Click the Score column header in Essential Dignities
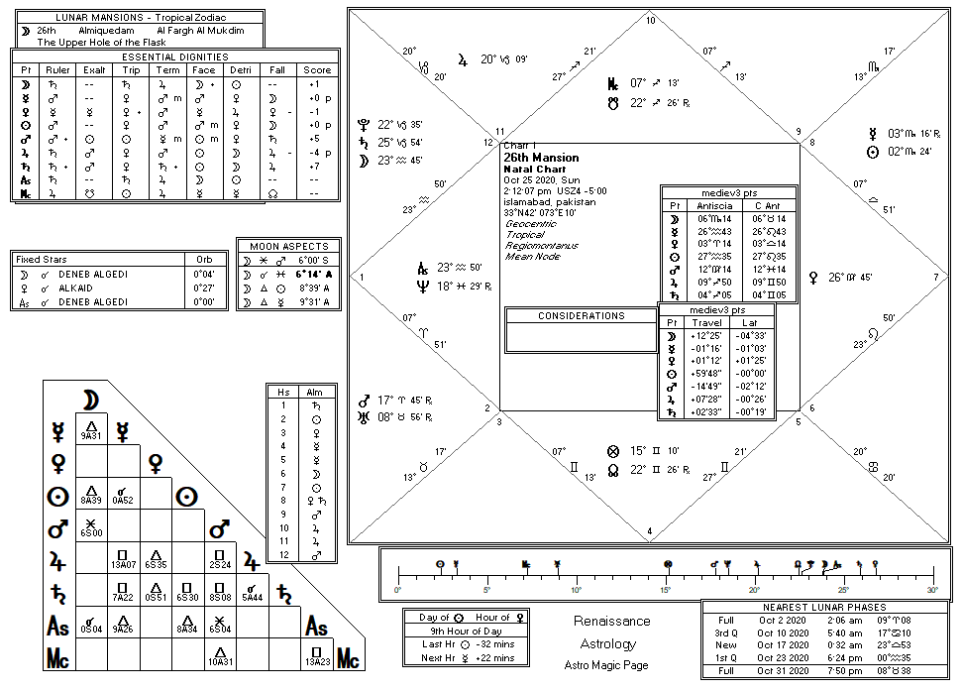[317, 70]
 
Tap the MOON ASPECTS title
[288, 246]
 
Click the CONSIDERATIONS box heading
[582, 316]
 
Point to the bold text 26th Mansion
[541, 158]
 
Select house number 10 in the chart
[650, 21]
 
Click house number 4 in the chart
[649, 532]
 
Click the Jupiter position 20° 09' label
[504, 59]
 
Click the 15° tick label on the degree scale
[666, 590]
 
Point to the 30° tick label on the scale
[932, 590]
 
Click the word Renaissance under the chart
[612, 622]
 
